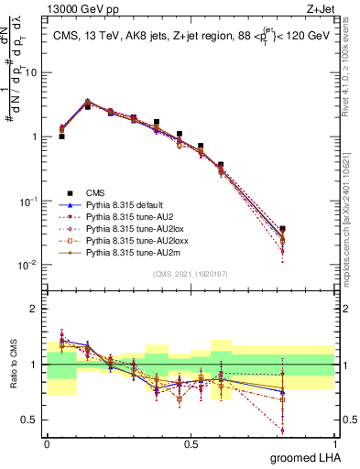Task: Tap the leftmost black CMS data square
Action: pyautogui.click(x=61, y=136)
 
